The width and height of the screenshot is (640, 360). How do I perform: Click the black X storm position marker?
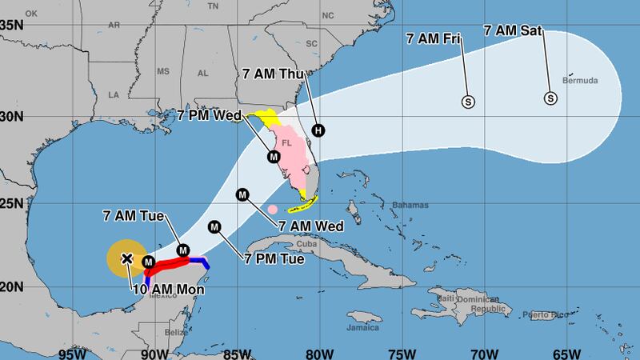tap(126, 258)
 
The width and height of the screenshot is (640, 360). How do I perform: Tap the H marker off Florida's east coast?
tap(319, 130)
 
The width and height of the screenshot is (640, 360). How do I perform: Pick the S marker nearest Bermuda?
tap(550, 99)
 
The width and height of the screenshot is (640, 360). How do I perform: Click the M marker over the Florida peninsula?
tap(274, 156)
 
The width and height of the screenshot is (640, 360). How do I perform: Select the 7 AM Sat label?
tap(513, 31)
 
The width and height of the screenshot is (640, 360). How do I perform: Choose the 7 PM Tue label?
tap(273, 258)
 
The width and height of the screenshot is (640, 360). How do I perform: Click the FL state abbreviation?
tap(286, 144)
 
